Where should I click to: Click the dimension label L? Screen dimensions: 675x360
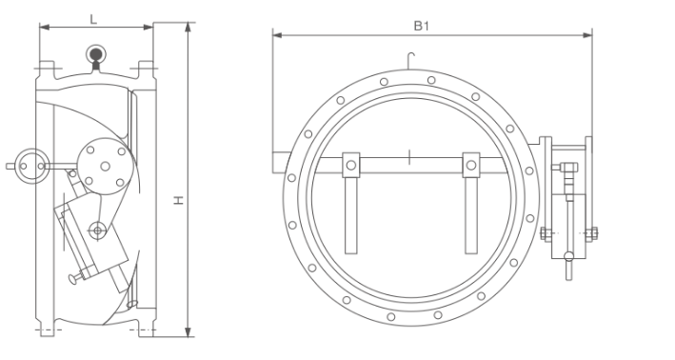tap(93, 19)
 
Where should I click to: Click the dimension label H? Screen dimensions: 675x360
tap(179, 200)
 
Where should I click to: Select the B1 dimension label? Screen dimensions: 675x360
tap(422, 26)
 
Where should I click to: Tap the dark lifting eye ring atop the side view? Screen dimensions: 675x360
tap(95, 54)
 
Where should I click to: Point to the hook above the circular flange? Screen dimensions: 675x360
tap(410, 60)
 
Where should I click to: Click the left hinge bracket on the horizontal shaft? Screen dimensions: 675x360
tap(351, 165)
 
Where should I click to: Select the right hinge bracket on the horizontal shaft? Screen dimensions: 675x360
tap(471, 165)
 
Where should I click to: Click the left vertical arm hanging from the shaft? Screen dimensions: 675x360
tap(351, 215)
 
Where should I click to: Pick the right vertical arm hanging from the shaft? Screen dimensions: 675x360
tap(471, 215)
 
